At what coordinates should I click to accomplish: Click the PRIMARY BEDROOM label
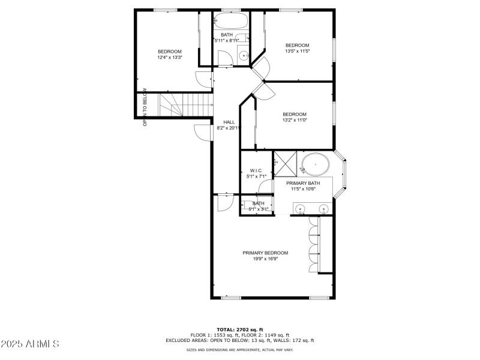pyautogui.click(x=265, y=253)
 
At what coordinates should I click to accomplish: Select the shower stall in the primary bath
pyautogui.click(x=284, y=163)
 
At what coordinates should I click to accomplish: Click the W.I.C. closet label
pyautogui.click(x=256, y=170)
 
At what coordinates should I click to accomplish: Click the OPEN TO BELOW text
pyautogui.click(x=145, y=109)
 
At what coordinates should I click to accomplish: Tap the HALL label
pyautogui.click(x=229, y=122)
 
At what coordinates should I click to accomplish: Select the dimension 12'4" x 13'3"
pyautogui.click(x=169, y=58)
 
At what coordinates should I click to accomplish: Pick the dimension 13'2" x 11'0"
pyautogui.click(x=295, y=121)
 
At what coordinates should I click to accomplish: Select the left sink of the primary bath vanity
pyautogui.click(x=300, y=209)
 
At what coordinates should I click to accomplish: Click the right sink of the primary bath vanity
pyautogui.click(x=323, y=209)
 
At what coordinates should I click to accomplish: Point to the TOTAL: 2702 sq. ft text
pyautogui.click(x=240, y=329)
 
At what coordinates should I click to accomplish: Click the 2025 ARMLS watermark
pyautogui.click(x=31, y=344)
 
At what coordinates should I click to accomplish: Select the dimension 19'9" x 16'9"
pyautogui.click(x=265, y=259)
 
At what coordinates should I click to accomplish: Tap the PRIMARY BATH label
pyautogui.click(x=302, y=183)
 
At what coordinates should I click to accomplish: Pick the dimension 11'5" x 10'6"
pyautogui.click(x=302, y=189)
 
